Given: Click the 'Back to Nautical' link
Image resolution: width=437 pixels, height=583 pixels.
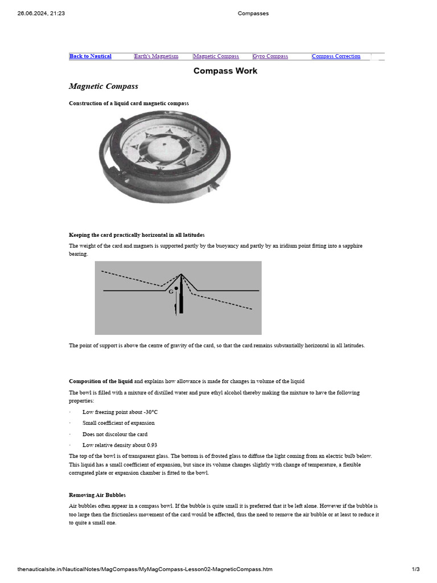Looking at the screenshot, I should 90,56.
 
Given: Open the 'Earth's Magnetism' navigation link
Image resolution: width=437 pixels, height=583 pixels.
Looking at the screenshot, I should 156,56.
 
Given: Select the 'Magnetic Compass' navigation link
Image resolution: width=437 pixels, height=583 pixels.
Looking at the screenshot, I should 216,56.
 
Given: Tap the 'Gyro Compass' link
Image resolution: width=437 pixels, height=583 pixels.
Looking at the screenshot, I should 270,56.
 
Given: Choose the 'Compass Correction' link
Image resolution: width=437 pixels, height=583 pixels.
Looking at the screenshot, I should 336,56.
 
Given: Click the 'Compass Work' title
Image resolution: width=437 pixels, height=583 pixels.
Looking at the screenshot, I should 225,71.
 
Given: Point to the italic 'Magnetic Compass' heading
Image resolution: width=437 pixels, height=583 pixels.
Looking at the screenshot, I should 103,87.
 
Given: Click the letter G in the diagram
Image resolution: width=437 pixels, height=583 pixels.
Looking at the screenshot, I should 171,291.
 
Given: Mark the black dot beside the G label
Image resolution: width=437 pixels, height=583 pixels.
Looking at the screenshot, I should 176,289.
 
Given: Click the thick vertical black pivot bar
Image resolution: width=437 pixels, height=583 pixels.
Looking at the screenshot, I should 182,296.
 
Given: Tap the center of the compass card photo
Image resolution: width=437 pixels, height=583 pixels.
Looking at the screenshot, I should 164,145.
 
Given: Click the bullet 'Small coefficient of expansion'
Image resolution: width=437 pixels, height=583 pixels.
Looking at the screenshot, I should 118,423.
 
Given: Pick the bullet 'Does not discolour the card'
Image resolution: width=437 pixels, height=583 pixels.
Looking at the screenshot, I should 115,434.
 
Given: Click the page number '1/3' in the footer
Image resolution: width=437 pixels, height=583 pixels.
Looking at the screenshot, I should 415,569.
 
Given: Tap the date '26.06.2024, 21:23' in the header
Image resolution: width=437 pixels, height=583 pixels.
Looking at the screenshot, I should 41,14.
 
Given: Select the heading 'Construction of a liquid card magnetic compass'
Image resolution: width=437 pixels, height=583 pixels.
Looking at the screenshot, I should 129,103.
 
